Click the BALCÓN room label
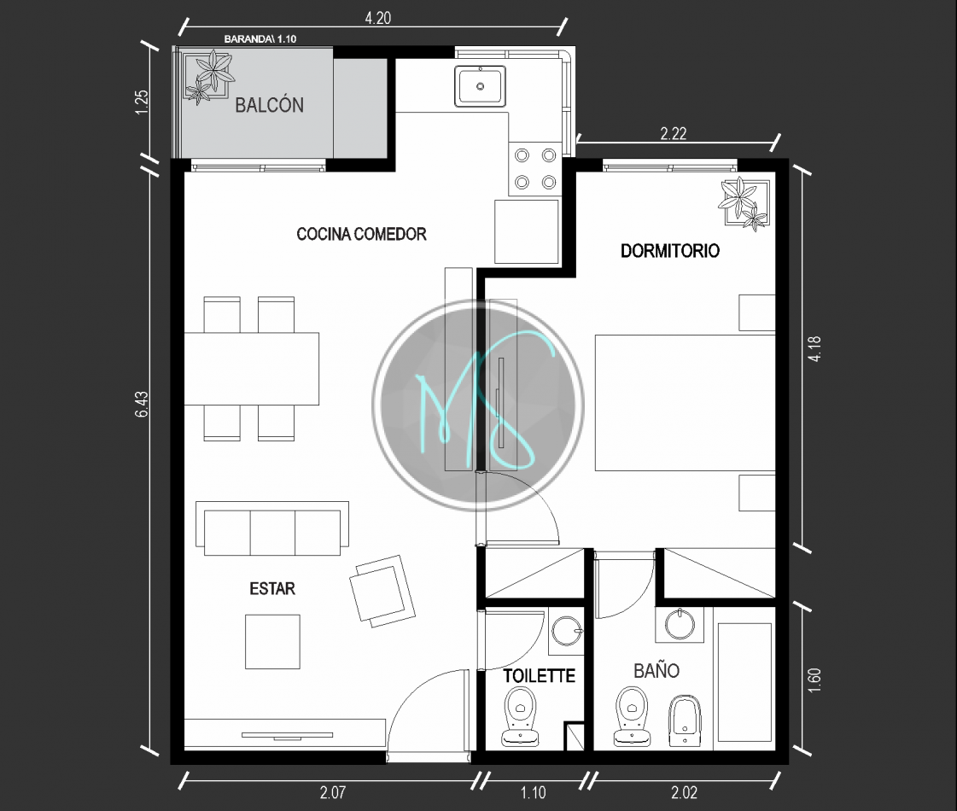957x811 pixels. click(x=269, y=105)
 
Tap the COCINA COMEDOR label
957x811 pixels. click(x=361, y=234)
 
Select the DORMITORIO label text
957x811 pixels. click(x=670, y=250)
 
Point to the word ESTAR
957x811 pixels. click(x=272, y=588)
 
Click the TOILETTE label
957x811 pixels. click(x=539, y=675)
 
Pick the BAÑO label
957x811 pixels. click(x=656, y=671)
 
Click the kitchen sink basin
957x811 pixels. click(x=481, y=86)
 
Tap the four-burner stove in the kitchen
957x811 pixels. click(x=535, y=169)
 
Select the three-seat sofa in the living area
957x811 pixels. click(x=272, y=528)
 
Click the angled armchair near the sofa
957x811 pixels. click(x=382, y=591)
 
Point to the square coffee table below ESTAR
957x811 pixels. click(x=273, y=641)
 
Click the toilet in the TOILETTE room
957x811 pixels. click(x=521, y=716)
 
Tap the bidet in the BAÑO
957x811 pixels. click(x=685, y=721)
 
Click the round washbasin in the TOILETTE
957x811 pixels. click(x=566, y=630)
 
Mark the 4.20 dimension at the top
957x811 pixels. click(x=378, y=18)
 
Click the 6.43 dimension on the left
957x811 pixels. click(x=141, y=404)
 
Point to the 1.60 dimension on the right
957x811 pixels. click(x=814, y=680)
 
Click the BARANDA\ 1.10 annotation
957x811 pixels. click(x=260, y=38)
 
